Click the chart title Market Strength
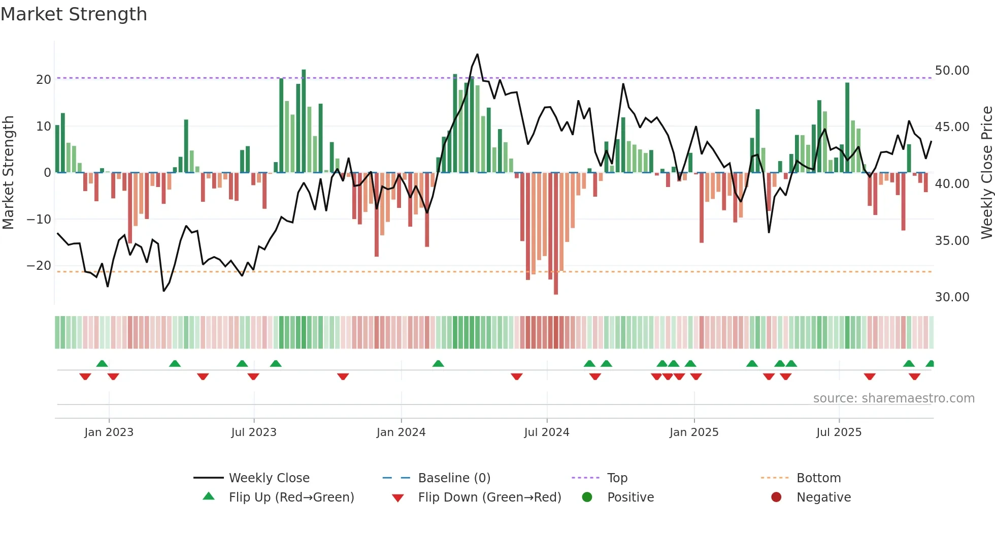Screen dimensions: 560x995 [x=74, y=14]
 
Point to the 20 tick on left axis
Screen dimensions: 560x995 [x=44, y=79]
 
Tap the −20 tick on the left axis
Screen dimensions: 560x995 [x=39, y=265]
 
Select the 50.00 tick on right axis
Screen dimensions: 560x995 [x=952, y=70]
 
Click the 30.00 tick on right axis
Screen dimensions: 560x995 [x=952, y=297]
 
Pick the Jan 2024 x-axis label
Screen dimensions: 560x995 [x=401, y=432]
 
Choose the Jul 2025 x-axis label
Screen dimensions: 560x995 [x=839, y=432]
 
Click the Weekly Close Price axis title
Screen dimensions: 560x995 [x=986, y=173]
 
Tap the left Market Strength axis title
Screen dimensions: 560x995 [x=8, y=173]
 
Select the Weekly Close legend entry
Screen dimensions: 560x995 [x=269, y=478]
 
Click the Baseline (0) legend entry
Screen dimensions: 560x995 [x=454, y=478]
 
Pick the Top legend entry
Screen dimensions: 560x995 [x=617, y=478]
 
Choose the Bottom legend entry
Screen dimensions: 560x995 [x=818, y=478]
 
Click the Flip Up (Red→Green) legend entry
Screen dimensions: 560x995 [x=291, y=497]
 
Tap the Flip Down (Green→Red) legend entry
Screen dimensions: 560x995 [x=489, y=497]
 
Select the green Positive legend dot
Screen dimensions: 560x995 [x=587, y=497]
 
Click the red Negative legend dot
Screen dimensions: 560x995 [x=776, y=497]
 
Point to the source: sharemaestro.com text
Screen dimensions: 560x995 [x=893, y=398]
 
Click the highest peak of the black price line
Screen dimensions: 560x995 [x=477, y=54]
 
